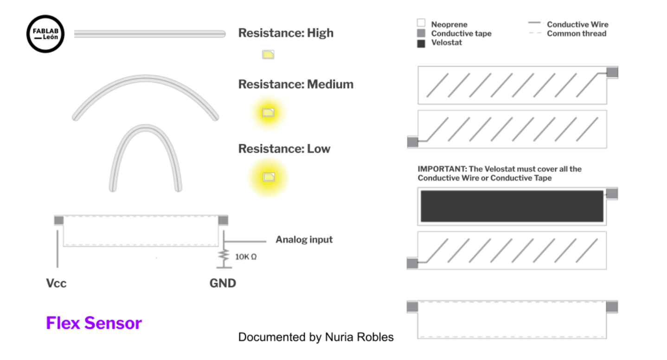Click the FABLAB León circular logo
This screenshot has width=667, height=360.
click(x=45, y=33)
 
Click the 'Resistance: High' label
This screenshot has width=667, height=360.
click(x=286, y=33)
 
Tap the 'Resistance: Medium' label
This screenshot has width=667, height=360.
click(x=295, y=84)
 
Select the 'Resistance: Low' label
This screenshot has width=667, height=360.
click(x=284, y=149)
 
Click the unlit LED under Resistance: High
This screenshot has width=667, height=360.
click(x=268, y=55)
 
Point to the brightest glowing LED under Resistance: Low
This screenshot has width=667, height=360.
click(x=269, y=177)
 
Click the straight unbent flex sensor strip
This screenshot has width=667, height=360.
click(x=149, y=33)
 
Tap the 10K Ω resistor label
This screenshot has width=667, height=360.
click(x=246, y=257)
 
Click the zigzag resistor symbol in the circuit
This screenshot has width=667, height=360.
click(x=224, y=255)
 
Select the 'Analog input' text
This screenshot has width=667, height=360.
click(x=304, y=240)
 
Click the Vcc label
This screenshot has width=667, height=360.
click(x=56, y=283)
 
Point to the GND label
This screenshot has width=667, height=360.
click(x=223, y=283)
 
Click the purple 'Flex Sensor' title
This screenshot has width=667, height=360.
click(x=94, y=323)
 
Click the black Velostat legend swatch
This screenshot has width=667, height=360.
click(x=421, y=43)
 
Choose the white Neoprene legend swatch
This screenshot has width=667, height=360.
click(x=421, y=23)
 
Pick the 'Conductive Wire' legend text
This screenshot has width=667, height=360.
click(x=577, y=25)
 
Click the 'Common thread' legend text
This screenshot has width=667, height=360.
click(x=576, y=33)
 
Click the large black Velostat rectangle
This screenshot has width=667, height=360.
click(x=512, y=206)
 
